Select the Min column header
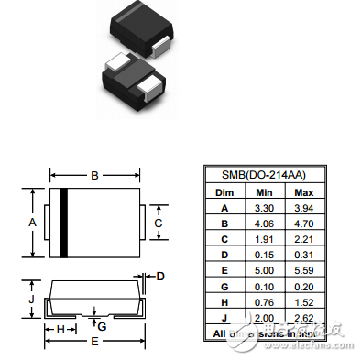pos(263,192)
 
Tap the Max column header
pos(303,192)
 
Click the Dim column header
pos(224,192)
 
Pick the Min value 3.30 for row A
pos(263,209)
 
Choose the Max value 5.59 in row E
pos(303,271)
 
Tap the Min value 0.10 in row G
pos(263,287)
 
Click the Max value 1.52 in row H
pos(303,302)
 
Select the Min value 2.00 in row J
pos(263,318)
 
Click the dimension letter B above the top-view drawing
pos(93,174)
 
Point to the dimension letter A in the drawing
pos(32,223)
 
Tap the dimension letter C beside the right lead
pos(159,223)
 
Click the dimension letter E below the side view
pos(93,342)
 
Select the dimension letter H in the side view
pos(61,327)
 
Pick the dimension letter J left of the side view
pos(32,299)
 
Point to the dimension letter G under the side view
pos(102,325)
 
